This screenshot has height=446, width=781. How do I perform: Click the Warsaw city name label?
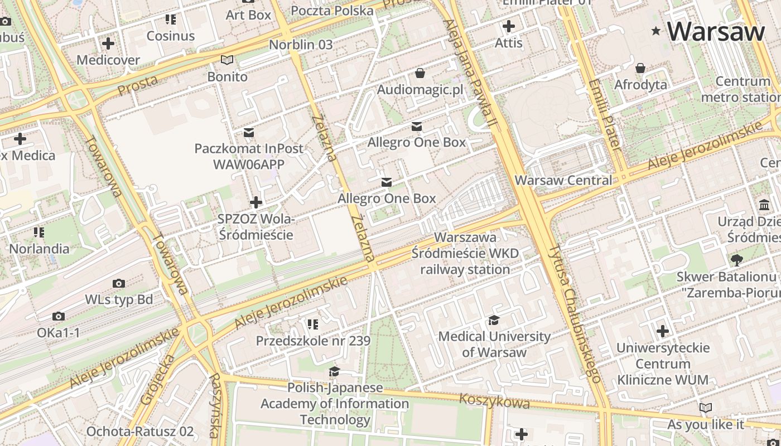click(716, 31)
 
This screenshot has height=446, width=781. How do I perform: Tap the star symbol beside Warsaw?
click(656, 32)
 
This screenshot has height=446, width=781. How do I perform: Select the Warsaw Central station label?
click(563, 180)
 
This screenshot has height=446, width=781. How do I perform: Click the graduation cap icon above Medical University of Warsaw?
click(494, 320)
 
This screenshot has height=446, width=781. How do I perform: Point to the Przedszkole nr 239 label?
click(313, 340)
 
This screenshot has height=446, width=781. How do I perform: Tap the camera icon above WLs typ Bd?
click(119, 284)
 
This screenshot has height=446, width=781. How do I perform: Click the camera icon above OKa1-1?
click(59, 317)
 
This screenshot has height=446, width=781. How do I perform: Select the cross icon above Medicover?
click(108, 43)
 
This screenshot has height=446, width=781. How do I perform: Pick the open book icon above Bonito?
click(227, 60)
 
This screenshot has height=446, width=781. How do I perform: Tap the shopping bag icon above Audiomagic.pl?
click(420, 73)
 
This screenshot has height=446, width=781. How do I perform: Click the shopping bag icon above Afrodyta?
click(640, 68)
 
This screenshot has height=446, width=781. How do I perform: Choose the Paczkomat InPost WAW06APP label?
click(249, 156)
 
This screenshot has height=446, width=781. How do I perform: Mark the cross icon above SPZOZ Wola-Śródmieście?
click(256, 202)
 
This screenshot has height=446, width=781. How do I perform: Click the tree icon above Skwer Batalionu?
click(736, 260)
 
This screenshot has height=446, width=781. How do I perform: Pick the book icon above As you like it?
click(706, 408)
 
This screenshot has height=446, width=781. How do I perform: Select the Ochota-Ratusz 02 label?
click(140, 431)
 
